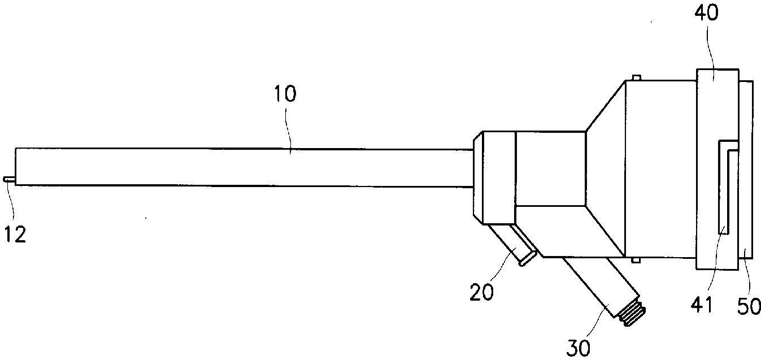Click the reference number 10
[285, 94]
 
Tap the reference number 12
[16, 234]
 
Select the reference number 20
[482, 292]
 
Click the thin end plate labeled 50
[746, 170]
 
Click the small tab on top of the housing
[636, 77]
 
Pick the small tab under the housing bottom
[636, 261]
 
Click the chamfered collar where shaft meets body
[493, 177]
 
